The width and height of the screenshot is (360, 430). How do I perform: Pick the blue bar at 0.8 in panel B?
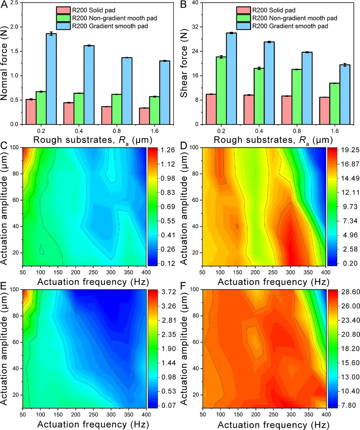pos(307,88)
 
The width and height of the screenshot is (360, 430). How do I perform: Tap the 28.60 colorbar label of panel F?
pos(339,292)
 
